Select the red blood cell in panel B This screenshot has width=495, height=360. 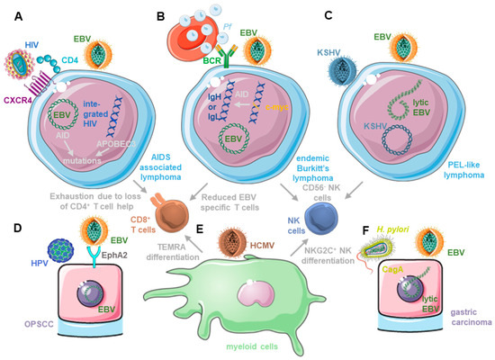[192, 35]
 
